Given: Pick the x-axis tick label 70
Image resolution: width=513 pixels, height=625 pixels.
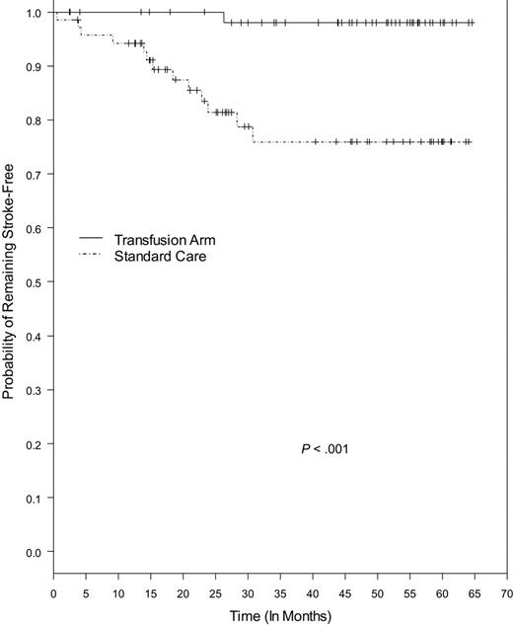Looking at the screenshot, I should [x=507, y=594].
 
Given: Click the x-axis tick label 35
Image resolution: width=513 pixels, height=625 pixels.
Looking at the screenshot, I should [x=280, y=594].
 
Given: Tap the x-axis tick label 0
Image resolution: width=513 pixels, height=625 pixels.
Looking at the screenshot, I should [x=53, y=594].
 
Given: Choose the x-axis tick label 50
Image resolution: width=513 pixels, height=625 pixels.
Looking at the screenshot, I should [x=378, y=594].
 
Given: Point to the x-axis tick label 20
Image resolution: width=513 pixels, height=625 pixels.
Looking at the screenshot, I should [x=183, y=594].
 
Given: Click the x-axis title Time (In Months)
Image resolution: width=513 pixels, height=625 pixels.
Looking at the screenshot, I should [x=281, y=616].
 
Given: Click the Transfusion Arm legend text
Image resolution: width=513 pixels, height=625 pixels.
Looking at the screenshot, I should [x=162, y=240].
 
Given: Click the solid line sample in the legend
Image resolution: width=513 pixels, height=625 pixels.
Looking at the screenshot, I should [x=91, y=240].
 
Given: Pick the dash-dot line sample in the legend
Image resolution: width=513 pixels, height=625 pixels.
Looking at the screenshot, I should [x=91, y=256].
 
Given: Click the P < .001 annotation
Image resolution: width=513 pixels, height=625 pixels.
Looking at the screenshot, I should [x=325, y=449].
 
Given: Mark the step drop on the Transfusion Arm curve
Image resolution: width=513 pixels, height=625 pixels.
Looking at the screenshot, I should [x=224, y=17].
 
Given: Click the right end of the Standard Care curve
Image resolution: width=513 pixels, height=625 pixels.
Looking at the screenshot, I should [x=472, y=142].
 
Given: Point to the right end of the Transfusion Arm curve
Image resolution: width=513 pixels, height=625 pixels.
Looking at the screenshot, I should [x=474, y=22].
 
